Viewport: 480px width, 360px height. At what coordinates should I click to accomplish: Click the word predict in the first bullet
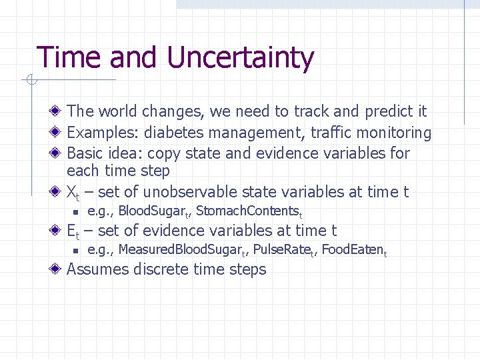(x=378, y=111)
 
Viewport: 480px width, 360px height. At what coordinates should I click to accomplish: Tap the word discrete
(x=162, y=270)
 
